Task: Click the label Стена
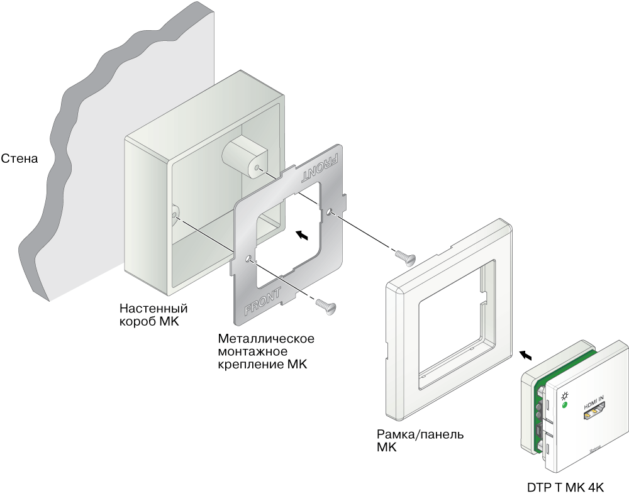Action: (19, 159)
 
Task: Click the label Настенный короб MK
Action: (153, 315)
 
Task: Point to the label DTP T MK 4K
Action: (565, 487)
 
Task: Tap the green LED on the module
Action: (564, 405)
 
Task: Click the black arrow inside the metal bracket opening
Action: (302, 235)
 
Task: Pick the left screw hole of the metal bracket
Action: (250, 258)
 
